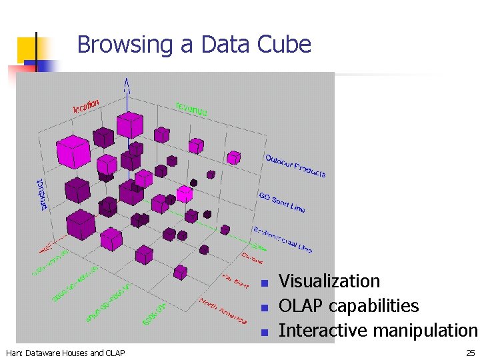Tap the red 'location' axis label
tap(86, 105)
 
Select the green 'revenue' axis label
tap(191, 108)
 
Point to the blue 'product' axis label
tap(43, 194)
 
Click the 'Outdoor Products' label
tap(295, 166)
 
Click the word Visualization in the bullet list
tap(329, 281)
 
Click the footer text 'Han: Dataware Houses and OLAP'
tap(65, 353)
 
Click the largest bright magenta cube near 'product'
tap(73, 151)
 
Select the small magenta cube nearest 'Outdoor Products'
tap(233, 157)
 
